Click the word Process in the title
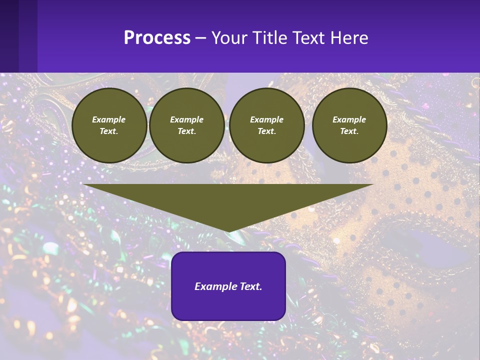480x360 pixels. pos(157,38)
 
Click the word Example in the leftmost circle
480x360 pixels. pos(109,119)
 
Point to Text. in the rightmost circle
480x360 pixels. pos(349,131)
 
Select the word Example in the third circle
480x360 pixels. pos(266,119)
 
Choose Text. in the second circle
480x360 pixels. pos(186,131)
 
